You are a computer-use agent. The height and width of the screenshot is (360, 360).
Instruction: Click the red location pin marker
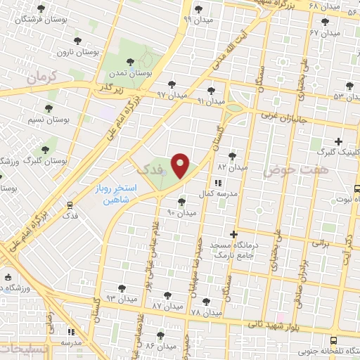[x=181, y=166]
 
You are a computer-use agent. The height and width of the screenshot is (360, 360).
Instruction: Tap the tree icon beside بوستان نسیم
[x=49, y=108]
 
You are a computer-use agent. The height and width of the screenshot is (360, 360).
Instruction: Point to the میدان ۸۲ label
[x=232, y=167]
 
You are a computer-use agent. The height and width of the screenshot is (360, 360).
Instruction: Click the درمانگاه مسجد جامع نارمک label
[x=233, y=246]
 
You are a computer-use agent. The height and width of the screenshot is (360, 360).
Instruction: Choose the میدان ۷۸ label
[x=205, y=311]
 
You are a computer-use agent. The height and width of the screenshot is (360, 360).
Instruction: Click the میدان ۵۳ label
[x=348, y=96]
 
